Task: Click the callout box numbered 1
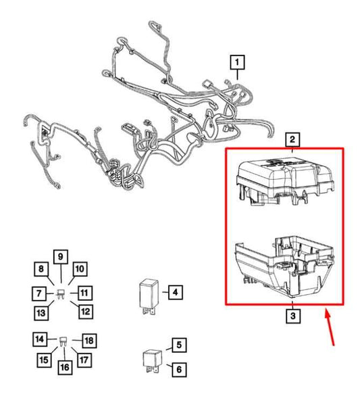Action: pos(237,62)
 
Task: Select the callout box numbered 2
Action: pos(292,139)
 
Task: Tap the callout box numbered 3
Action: pos(293,316)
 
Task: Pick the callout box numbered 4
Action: pos(175,292)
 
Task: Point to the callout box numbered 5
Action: pos(179,345)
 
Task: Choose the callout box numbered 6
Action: pos(179,369)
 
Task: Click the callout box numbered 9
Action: pos(61,257)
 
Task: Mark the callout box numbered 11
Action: pos(84,293)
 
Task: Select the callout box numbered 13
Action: pos(41,313)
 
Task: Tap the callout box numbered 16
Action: pos(65,368)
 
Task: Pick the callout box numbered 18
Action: pos(89,341)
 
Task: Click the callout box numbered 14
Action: pos(40,339)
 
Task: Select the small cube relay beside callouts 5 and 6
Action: pos(153,361)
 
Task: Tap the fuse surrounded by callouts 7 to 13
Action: pos(61,294)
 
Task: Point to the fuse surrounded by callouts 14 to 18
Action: pos(64,341)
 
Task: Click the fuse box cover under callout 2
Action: pos(285,182)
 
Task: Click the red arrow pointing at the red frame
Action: pos(330,328)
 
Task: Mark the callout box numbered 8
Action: pos(41,269)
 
